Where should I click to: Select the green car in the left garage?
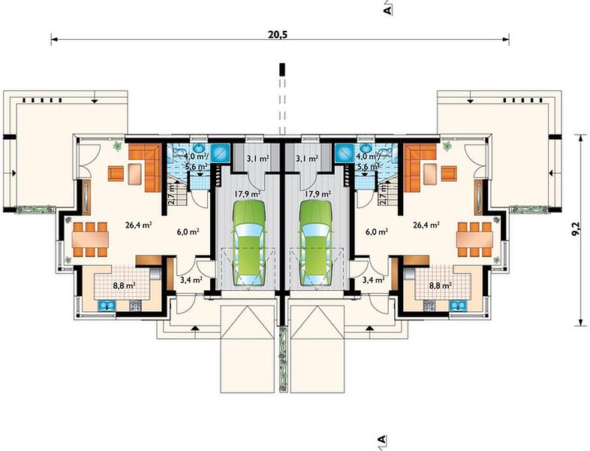click(249, 244)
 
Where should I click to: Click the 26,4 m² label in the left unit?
click(138, 225)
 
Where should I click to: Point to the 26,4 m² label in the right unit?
click(426, 225)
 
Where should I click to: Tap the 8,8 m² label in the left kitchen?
click(124, 285)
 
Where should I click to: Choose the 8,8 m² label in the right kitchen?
click(441, 285)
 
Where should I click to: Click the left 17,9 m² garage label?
click(248, 195)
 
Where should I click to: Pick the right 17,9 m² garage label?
click(318, 195)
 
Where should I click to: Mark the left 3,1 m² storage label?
click(257, 159)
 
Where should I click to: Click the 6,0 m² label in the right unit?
click(377, 232)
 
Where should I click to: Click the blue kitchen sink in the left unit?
click(106, 306)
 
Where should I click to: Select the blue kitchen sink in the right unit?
click(457, 306)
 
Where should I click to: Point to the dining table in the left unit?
click(91, 239)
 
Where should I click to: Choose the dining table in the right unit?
click(474, 239)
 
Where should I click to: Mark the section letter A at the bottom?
click(381, 439)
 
